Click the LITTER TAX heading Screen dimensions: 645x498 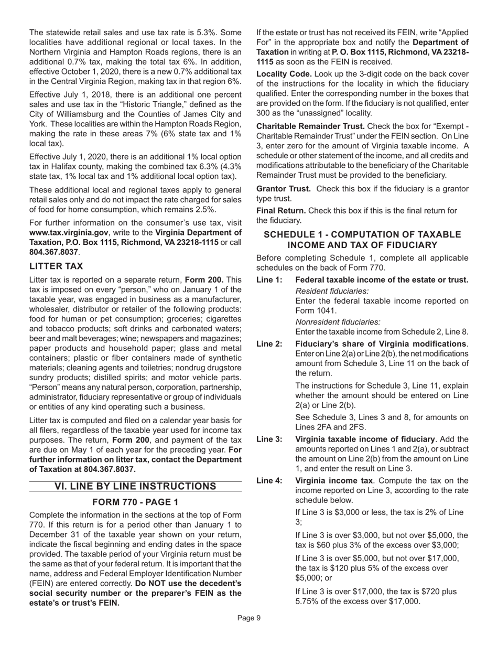tap(56, 266)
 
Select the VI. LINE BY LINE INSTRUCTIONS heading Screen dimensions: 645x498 tap(135, 486)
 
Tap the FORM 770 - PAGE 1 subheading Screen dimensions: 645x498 tap(135, 502)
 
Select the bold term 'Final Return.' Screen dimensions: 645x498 tap(281, 210)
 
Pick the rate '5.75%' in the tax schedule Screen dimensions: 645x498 tap(308, 601)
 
